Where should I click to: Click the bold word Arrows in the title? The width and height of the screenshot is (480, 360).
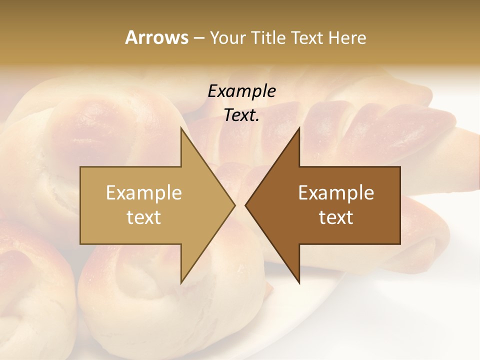(156, 37)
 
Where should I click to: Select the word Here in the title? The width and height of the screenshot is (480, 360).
(347, 37)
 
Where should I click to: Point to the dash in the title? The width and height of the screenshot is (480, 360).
(198, 38)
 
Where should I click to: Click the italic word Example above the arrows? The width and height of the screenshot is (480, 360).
(242, 91)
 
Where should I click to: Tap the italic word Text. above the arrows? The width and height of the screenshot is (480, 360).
(242, 115)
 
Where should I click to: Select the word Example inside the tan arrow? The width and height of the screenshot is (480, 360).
(144, 192)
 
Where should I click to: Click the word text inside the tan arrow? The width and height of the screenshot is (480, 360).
(144, 217)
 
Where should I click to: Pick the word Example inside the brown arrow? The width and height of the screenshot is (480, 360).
(336, 192)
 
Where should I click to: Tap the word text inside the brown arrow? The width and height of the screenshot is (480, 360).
(336, 217)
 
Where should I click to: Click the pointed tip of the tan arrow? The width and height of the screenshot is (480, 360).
(234, 205)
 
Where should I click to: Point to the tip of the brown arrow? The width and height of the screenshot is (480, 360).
(246, 205)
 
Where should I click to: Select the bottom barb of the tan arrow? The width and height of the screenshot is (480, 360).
(182, 280)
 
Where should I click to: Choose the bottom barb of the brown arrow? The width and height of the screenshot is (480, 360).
(298, 280)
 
